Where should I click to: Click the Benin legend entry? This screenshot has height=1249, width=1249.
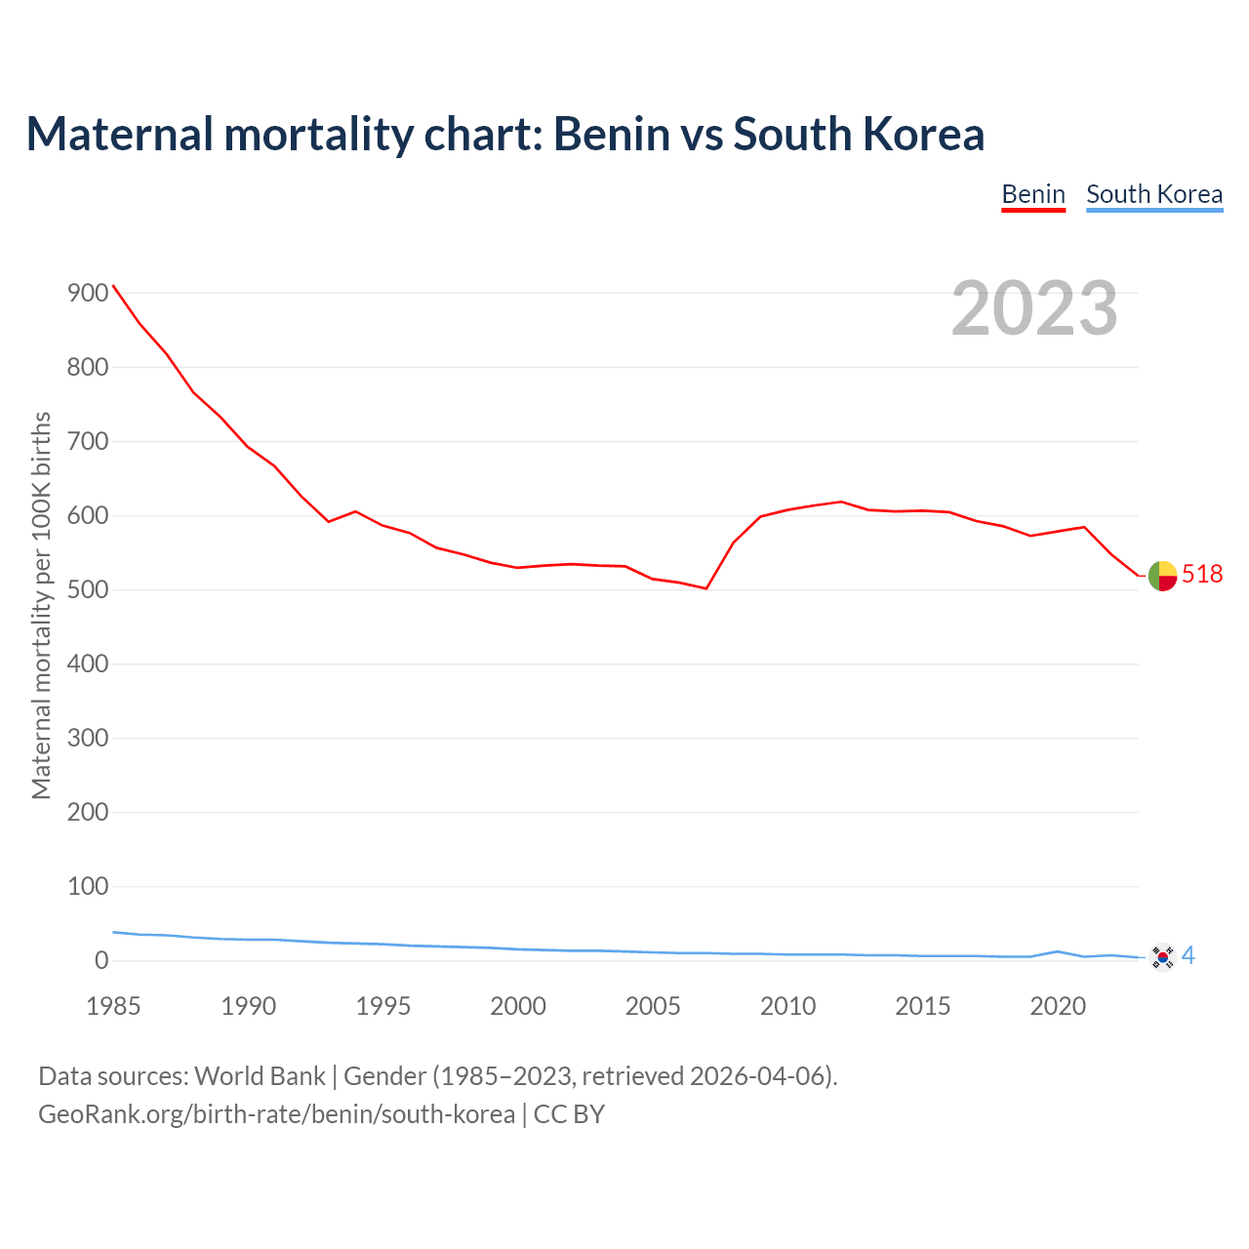point(1033,194)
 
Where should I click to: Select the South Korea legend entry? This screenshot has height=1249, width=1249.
point(1154,194)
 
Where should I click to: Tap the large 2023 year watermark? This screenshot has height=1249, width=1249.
point(1034,308)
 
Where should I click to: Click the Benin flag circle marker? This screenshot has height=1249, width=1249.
point(1162,576)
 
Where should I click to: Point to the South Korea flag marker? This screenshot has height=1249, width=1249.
point(1162,956)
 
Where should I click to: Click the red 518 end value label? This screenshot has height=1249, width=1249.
point(1202,575)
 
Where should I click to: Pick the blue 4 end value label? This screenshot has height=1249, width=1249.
point(1189,956)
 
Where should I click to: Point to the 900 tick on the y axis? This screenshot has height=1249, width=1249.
point(88,294)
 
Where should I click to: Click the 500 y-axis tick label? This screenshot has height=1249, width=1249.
point(88,590)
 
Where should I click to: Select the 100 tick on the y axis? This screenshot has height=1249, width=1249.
point(88,887)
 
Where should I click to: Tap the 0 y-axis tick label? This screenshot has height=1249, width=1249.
point(101,961)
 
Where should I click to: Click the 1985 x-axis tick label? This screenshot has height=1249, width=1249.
point(113,1007)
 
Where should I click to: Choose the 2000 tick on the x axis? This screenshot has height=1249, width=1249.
point(518,1007)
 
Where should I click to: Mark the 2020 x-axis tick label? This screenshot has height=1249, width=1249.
point(1058,1007)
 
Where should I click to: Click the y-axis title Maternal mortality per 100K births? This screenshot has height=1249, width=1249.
point(41,605)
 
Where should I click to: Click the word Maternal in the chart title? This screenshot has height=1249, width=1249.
point(119,135)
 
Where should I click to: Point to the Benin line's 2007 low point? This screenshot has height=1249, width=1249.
point(705,588)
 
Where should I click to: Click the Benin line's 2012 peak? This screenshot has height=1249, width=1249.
point(841,502)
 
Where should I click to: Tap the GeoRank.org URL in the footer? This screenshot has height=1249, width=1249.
point(276,1114)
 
